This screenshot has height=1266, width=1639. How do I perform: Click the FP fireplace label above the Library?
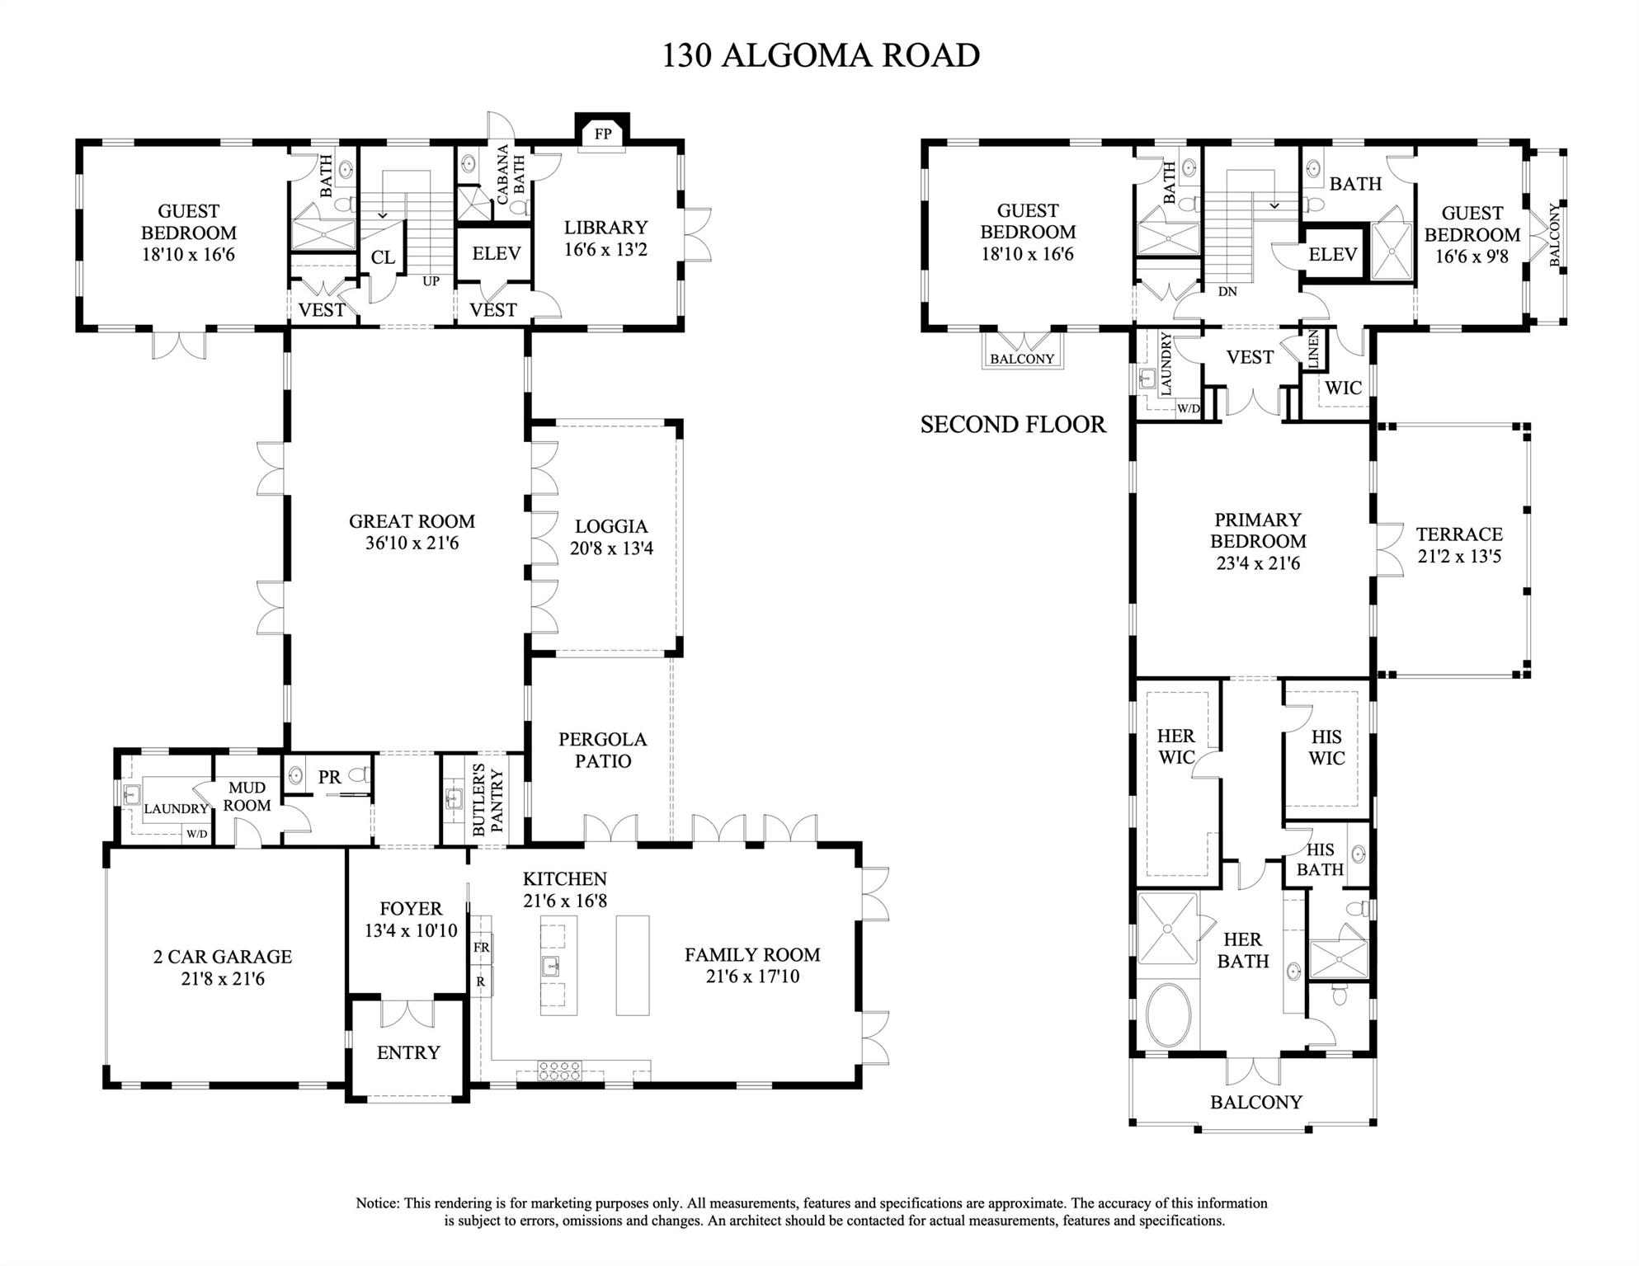tap(602, 134)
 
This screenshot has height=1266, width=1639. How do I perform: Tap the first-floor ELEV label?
tap(496, 253)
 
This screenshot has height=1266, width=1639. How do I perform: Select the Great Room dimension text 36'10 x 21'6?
tap(412, 544)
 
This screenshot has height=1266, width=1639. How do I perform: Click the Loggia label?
tap(610, 526)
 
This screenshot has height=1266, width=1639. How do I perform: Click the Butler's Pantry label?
tap(487, 799)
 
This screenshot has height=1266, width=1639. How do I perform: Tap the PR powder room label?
tap(329, 777)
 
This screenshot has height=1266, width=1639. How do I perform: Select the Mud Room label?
tap(247, 797)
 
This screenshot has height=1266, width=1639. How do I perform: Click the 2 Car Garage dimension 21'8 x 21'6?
tap(223, 979)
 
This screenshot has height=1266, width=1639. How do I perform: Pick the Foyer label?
tap(411, 909)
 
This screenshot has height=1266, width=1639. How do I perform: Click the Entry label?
tap(408, 1052)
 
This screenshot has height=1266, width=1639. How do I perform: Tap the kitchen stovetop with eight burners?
tap(560, 1070)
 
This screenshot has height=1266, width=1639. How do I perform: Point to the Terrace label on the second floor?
tap(1459, 534)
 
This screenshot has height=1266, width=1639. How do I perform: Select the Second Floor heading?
tap(1012, 424)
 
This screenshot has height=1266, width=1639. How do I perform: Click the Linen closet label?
tap(1313, 349)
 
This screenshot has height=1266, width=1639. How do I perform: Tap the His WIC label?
tap(1326, 747)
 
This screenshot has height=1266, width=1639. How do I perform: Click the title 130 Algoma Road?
tap(821, 55)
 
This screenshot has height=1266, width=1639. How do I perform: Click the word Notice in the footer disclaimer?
tap(377, 1203)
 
